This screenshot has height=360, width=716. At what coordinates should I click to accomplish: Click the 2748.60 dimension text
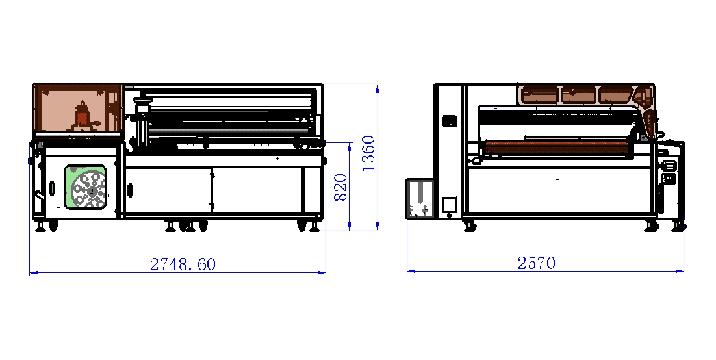[183, 264]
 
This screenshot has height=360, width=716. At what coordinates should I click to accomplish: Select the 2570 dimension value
[536, 263]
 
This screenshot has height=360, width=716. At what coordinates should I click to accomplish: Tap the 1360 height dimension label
[368, 153]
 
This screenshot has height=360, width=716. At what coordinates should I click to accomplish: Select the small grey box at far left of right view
[420, 199]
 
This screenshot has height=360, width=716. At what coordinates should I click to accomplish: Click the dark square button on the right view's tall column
[448, 121]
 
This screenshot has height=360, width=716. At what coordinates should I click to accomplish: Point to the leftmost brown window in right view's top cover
[539, 95]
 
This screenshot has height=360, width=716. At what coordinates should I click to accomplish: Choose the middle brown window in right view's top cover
[578, 95]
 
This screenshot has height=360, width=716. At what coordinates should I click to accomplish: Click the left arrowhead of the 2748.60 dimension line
[32, 272]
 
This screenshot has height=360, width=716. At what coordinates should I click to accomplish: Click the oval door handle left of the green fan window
[53, 188]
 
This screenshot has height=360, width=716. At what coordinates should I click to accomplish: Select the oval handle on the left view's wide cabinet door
[130, 190]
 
